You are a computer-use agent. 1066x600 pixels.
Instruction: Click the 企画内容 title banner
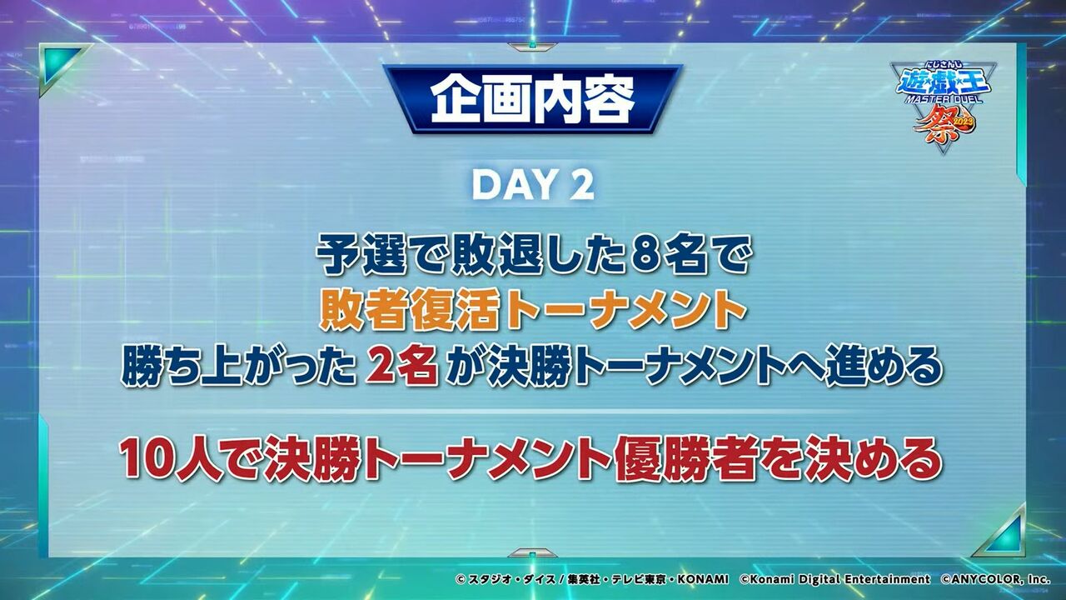(532, 98)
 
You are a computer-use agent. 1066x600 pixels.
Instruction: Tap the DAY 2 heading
(533, 185)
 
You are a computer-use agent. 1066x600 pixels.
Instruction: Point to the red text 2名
(401, 367)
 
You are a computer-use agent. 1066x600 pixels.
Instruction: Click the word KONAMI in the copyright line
(702, 579)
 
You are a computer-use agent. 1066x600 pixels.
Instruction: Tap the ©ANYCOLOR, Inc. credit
(995, 579)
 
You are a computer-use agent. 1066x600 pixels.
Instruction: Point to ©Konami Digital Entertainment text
(834, 579)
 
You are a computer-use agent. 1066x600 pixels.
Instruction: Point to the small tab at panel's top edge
(532, 47)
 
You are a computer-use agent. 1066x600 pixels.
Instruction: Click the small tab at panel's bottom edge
(532, 553)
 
